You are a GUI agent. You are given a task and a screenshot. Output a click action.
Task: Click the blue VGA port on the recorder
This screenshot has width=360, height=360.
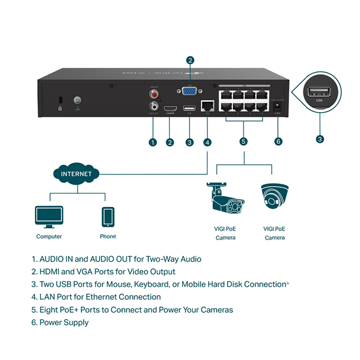click(x=190, y=93)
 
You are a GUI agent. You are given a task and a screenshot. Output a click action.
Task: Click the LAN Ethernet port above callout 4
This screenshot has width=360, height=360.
click(x=208, y=105)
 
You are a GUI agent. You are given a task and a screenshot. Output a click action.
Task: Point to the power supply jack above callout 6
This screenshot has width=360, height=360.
click(x=277, y=106)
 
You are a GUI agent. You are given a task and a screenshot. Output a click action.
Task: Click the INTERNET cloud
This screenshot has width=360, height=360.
click(x=76, y=174)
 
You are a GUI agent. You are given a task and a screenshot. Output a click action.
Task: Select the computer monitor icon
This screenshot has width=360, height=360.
click(x=48, y=216)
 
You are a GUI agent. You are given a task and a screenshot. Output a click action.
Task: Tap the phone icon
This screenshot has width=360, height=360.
click(x=108, y=216)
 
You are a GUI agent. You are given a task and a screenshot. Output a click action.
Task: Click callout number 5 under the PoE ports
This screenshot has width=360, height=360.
click(x=244, y=142)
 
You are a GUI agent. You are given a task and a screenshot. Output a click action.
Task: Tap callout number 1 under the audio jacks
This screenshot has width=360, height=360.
click(x=152, y=142)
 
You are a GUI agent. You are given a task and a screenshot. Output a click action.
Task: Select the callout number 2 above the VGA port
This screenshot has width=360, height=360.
click(x=190, y=61)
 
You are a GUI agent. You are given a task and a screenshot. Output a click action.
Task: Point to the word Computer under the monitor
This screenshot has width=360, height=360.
click(x=49, y=237)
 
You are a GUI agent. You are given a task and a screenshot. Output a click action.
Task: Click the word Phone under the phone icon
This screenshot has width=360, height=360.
click(x=108, y=237)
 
